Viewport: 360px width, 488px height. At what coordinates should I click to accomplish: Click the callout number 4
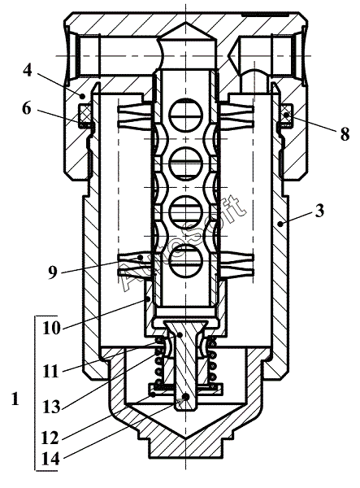[x=28, y=71]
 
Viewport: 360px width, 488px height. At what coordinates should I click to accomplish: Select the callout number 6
[x=27, y=109]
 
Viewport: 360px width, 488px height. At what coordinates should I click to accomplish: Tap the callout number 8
[x=344, y=135]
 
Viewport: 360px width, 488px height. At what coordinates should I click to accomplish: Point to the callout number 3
[x=319, y=211]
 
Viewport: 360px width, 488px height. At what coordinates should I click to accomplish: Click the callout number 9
[x=53, y=272]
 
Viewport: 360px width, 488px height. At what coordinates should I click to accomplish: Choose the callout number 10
[x=50, y=328]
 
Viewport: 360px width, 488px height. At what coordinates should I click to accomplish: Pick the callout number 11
[x=50, y=372]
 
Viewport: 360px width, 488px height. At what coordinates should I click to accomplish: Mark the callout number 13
[x=50, y=407]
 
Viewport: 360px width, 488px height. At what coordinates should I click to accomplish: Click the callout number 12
[x=50, y=438]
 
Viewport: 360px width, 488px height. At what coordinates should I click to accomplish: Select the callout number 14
[x=50, y=459]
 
